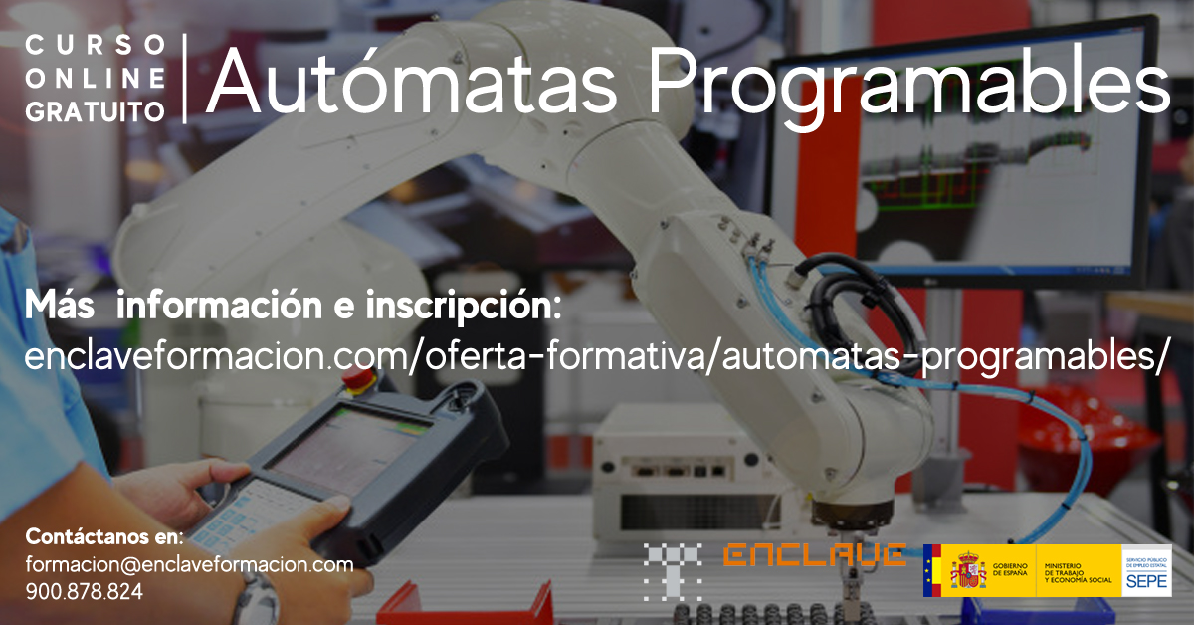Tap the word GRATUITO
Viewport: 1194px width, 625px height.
tap(96, 111)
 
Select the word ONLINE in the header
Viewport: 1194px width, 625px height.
tap(96, 78)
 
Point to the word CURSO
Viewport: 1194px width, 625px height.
tap(96, 45)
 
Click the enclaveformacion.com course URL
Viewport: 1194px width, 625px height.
tap(593, 355)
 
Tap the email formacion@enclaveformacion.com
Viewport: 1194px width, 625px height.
tap(189, 565)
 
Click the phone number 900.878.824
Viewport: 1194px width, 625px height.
tap(84, 591)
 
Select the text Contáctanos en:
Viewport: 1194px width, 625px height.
tap(104, 537)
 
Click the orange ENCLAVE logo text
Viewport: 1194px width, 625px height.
tap(814, 555)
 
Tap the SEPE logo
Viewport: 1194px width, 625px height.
tap(1146, 571)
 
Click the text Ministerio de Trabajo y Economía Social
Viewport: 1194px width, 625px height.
tap(1078, 571)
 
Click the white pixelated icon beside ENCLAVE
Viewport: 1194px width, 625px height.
tap(673, 571)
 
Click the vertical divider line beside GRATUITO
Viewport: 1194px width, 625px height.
tap(185, 78)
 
